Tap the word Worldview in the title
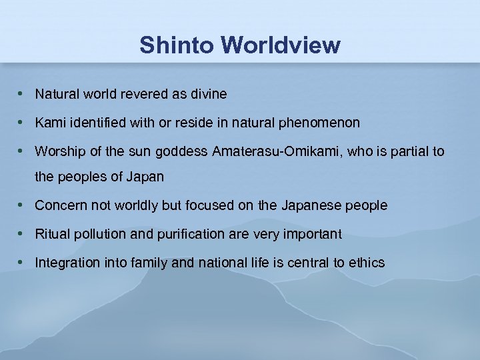coord(280,45)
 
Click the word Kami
coord(47,123)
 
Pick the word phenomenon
coord(323,123)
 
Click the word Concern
coord(59,206)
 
